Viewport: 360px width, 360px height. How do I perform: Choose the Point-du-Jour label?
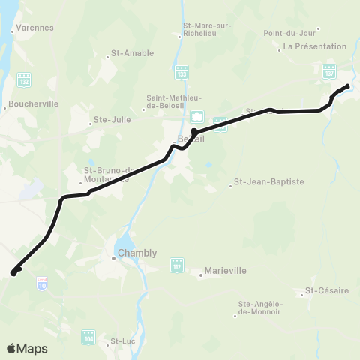click(292, 33)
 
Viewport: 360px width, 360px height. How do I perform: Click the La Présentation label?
click(307, 47)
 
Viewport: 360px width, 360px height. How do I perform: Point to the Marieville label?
click(226, 273)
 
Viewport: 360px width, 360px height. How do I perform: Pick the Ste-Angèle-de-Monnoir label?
click(259, 307)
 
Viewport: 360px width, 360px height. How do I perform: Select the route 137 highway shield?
click(329, 72)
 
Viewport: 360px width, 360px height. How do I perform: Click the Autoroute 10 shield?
click(42, 282)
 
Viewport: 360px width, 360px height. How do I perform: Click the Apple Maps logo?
click(27, 348)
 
